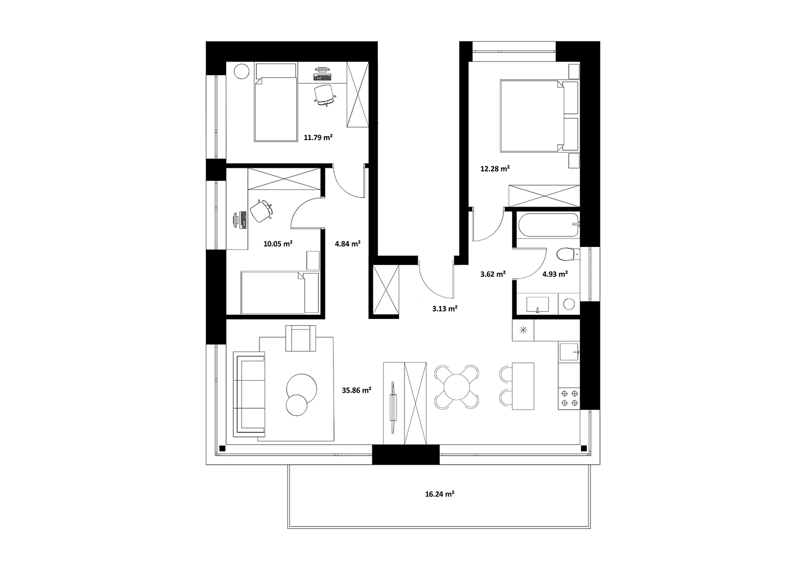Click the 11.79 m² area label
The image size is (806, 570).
pos(318,137)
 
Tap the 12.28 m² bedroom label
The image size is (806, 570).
pos(495,168)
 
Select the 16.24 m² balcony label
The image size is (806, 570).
pos(440,494)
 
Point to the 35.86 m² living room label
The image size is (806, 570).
pos(357,390)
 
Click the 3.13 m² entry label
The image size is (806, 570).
pos(445,308)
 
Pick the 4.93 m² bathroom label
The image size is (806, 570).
pos(555,274)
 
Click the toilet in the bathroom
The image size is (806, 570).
pos(567,255)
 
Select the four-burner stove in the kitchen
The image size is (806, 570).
pos(569,398)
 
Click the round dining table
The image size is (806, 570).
pos(456,387)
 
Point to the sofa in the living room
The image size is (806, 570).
pos(249,394)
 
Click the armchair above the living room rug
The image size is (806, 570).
pos(301,338)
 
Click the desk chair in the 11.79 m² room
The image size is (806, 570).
pos(325,95)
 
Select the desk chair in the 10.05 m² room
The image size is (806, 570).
pos(260,211)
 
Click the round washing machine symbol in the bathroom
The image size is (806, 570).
pos(569,304)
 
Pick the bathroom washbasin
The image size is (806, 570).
pos(538,304)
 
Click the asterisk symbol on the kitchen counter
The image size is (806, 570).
pos(523,330)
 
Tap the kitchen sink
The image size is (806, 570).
pos(569,352)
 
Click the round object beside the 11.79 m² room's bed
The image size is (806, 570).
pos(241,71)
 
